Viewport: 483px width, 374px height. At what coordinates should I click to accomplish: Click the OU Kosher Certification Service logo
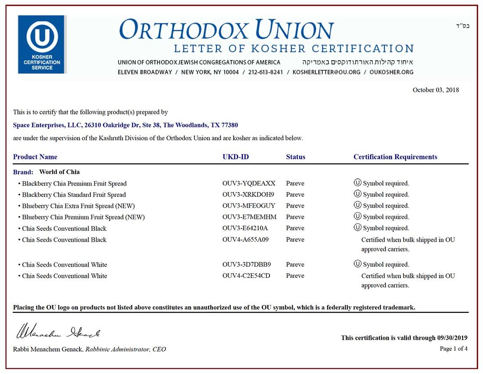[x=42, y=44]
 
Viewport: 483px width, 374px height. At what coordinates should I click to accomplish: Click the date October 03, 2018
[x=436, y=90]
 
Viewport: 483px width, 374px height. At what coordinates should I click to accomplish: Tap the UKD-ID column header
[x=236, y=157]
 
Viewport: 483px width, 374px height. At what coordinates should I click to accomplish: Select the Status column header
[x=296, y=157]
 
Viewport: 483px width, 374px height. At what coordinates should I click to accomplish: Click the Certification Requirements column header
[x=395, y=157]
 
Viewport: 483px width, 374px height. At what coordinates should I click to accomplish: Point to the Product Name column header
[x=35, y=157]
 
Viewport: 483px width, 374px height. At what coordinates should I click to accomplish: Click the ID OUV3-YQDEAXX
[x=249, y=183]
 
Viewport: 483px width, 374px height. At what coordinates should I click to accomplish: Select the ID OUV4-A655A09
[x=245, y=240]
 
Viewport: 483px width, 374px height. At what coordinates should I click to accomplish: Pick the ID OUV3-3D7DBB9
[x=247, y=265]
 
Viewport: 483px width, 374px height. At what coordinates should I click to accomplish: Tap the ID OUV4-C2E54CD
[x=246, y=276]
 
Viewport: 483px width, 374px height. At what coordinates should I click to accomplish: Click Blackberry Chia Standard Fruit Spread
[x=74, y=195]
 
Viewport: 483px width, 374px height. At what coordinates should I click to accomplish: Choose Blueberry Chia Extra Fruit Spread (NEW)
[x=78, y=206]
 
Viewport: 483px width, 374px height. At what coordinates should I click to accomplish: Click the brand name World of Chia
[x=59, y=172]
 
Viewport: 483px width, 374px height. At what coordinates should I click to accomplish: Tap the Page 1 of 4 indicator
[x=454, y=349]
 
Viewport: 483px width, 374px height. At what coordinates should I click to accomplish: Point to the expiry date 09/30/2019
[x=452, y=338]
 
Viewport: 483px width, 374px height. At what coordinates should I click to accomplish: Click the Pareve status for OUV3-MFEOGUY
[x=295, y=206]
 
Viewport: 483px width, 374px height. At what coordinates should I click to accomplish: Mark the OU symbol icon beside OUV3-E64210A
[x=357, y=228]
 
